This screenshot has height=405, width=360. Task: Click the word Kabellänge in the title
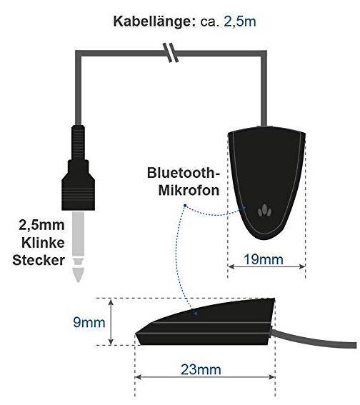(155, 21)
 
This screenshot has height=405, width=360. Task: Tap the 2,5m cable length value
(240, 21)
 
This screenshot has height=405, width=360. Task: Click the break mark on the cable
(171, 53)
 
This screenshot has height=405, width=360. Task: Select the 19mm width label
(264, 259)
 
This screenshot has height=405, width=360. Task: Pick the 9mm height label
(89, 323)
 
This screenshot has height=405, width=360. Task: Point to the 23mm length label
(201, 369)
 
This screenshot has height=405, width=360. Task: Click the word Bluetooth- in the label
(183, 173)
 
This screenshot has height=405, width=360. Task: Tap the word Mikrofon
(189, 191)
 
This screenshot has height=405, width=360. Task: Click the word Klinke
(43, 243)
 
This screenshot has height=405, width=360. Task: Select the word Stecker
(39, 260)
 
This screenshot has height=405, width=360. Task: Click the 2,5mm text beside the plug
(41, 225)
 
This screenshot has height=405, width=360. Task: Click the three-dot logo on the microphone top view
(265, 211)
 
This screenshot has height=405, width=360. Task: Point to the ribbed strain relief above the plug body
(79, 142)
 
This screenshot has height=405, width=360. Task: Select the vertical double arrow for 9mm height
(111, 322)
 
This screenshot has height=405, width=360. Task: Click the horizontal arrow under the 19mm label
(266, 266)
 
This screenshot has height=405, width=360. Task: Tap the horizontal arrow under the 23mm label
(205, 377)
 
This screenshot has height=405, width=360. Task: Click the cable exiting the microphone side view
(314, 338)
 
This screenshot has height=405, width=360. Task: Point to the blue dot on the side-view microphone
(196, 314)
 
